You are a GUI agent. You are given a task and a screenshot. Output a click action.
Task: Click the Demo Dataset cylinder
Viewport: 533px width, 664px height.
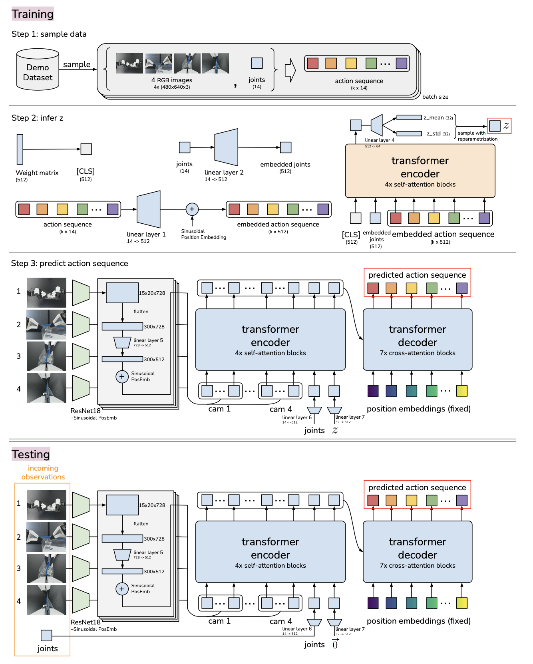pyautogui.click(x=38, y=70)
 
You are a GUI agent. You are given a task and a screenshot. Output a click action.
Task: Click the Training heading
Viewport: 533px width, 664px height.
pyautogui.click(x=32, y=14)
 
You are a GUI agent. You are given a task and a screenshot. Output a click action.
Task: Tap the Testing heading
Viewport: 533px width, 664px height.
pyautogui.click(x=31, y=454)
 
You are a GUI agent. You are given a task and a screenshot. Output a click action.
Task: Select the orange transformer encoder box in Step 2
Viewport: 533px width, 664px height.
pyautogui.click(x=420, y=171)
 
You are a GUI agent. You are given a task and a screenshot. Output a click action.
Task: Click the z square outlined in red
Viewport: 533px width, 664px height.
pyautogui.click(x=495, y=126)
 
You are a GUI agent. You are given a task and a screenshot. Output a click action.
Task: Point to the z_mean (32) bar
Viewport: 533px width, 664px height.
pyautogui.click(x=409, y=117)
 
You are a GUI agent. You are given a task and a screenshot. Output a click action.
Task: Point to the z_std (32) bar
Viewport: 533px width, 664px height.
pyautogui.click(x=409, y=134)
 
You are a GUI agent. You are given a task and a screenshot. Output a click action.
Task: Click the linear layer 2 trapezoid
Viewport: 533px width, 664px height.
pyautogui.click(x=226, y=147)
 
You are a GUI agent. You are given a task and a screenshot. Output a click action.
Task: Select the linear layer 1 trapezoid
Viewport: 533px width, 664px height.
pyautogui.click(x=149, y=209)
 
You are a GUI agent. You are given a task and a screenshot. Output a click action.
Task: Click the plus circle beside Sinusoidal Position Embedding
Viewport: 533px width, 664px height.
pyautogui.click(x=192, y=209)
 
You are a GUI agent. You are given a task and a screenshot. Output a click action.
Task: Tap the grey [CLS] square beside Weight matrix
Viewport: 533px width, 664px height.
pyautogui.click(x=86, y=149)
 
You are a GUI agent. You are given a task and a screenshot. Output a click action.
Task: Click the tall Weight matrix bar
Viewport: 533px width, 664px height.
pyautogui.click(x=20, y=149)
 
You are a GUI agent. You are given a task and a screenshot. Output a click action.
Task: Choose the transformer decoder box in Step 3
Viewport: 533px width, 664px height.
pyautogui.click(x=418, y=340)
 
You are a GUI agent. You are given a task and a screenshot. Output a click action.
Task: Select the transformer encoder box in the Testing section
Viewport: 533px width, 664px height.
pyautogui.click(x=270, y=552)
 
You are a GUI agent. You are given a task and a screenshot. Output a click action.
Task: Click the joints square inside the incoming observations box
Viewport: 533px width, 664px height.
pyautogui.click(x=46, y=635)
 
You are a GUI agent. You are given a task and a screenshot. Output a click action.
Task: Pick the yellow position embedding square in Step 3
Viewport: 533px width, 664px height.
pyautogui.click(x=461, y=391)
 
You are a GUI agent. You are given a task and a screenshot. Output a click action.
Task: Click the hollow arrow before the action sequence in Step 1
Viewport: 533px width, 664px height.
pyautogui.click(x=290, y=70)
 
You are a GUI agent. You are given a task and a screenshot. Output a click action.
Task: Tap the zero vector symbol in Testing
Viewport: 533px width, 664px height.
pyautogui.click(x=335, y=644)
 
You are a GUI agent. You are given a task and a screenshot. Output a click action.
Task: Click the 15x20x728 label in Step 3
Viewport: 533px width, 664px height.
pyautogui.click(x=152, y=293)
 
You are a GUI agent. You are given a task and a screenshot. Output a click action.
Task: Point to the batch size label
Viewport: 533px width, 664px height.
pyautogui.click(x=435, y=97)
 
